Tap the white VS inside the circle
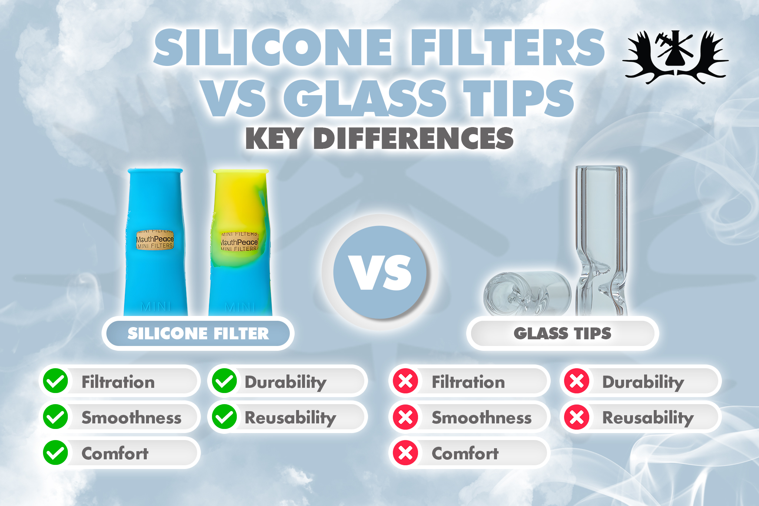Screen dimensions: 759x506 (382, 273)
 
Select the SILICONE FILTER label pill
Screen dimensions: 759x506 (198, 333)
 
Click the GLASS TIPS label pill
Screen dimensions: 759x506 (562, 333)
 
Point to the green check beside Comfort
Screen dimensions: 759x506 (56, 453)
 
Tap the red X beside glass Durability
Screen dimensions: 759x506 (577, 381)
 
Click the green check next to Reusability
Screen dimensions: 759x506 (224, 417)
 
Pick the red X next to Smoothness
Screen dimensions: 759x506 (405, 417)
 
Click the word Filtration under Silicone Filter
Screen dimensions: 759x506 (118, 382)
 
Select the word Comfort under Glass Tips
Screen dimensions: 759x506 (465, 453)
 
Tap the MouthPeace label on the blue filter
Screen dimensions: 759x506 (155, 239)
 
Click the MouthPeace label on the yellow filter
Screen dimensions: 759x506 (239, 242)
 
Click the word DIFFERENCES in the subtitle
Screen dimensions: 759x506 (413, 139)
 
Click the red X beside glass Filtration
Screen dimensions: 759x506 (405, 381)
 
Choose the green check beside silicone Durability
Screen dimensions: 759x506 (224, 381)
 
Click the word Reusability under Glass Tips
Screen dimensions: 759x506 (648, 418)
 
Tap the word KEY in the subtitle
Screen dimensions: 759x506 (274, 139)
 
